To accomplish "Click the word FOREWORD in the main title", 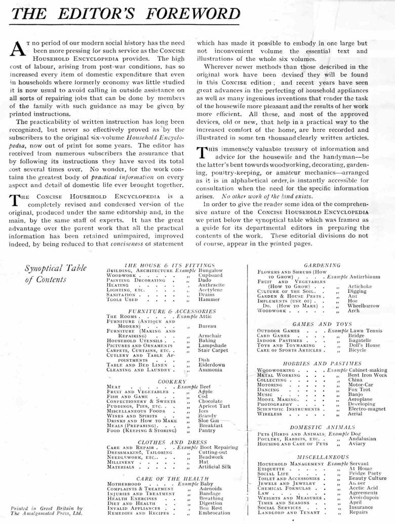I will tap(186, 14).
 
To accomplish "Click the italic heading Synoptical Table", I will tap(56, 268).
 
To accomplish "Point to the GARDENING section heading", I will tap(322, 265).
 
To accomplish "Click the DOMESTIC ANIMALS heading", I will tap(322, 427).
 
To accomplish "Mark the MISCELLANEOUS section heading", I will tap(322, 457).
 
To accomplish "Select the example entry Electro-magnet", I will tap(368, 408).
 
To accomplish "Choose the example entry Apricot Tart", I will tap(214, 406).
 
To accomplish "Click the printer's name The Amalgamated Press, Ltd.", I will tap(46, 513).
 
